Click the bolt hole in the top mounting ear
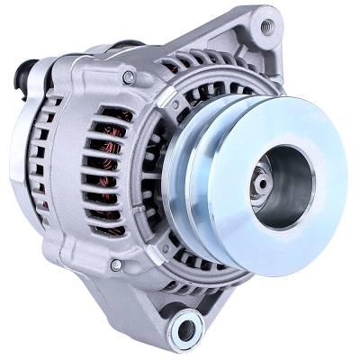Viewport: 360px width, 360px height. [x=266, y=26]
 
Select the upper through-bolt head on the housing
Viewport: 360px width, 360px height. [x=129, y=78]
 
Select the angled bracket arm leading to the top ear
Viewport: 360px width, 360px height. [x=216, y=54]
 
